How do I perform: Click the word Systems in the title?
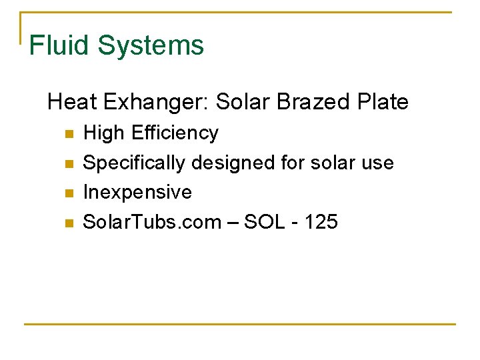tap(151, 45)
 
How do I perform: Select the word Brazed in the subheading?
tap(307, 102)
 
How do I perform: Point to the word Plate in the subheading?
tap(383, 102)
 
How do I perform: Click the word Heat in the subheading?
tap(70, 102)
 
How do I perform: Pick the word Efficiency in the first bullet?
tap(175, 133)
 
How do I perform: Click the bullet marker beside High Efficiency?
tap(67, 134)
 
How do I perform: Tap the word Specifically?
tap(133, 163)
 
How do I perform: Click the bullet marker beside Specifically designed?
tap(67, 163)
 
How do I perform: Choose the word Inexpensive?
tap(137, 192)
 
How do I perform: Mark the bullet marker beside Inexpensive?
tap(67, 193)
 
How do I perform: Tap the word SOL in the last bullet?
tap(264, 221)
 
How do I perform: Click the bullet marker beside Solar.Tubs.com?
tap(67, 223)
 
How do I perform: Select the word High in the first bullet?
tap(103, 133)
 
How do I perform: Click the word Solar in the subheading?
tap(243, 102)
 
